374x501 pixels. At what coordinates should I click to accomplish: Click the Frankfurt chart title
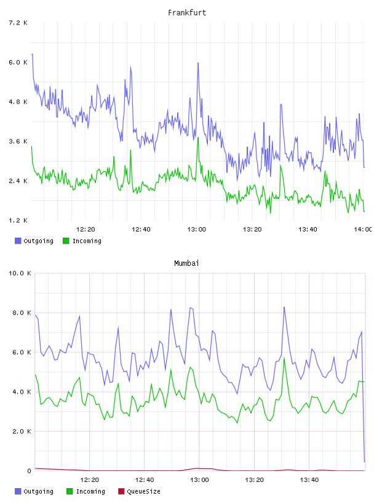tap(187, 12)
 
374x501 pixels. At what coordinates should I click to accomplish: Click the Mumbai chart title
tap(186, 263)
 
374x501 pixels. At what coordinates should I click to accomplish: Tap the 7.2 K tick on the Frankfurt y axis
tap(18, 23)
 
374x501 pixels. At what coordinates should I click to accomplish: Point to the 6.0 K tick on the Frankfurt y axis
tap(18, 62)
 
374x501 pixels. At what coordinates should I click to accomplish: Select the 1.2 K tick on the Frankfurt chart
tap(18, 220)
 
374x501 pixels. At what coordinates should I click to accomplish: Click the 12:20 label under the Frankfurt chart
tap(86, 229)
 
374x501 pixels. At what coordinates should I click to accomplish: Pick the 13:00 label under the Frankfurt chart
tap(197, 229)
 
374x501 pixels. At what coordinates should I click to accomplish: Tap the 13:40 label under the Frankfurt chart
tap(308, 229)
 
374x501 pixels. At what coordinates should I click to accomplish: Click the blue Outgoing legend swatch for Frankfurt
tap(18, 241)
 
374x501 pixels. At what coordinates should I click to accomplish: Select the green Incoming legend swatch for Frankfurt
tap(66, 241)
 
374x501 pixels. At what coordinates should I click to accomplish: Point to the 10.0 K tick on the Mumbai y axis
tap(20, 273)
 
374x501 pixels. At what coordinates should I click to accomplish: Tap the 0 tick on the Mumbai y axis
tap(29, 471)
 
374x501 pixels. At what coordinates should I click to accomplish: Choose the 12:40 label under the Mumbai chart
tap(145, 480)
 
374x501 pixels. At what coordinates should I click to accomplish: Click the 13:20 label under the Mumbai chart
tap(254, 480)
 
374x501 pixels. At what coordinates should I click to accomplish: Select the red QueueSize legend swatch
tap(121, 491)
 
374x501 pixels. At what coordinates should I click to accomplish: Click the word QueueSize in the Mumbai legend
tap(143, 491)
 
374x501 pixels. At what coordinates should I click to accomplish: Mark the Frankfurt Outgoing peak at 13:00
tap(198, 63)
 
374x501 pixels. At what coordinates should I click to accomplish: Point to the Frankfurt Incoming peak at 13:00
tap(198, 138)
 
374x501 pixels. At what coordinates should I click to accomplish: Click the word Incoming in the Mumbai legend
tap(90, 491)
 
